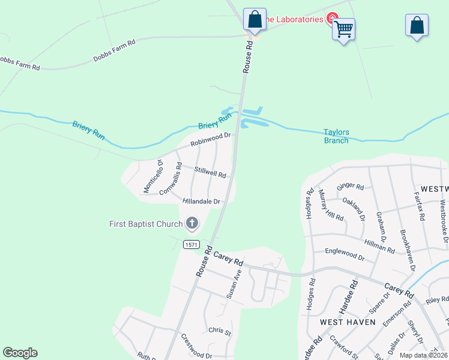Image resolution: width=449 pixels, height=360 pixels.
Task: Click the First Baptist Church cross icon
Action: pos(192,224)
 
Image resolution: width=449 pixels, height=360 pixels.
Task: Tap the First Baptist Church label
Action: pos(146,224)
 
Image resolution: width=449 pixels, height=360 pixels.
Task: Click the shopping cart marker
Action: pos(343,29)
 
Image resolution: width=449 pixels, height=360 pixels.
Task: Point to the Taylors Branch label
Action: pos(336,136)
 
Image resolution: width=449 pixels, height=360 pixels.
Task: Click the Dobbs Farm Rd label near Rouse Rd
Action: pos(115,50)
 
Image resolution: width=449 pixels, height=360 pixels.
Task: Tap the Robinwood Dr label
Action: pos(211,140)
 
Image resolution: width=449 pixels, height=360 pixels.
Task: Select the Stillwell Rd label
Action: pos(210,172)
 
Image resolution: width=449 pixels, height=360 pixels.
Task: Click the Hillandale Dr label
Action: pos(202,202)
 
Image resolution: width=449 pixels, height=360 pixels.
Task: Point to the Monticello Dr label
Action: pos(153,176)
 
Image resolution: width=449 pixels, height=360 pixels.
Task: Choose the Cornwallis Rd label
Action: pos(170,178)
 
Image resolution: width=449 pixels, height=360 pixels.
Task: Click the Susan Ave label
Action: pos(234,284)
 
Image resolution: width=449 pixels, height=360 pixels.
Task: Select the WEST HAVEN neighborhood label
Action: pos(348,322)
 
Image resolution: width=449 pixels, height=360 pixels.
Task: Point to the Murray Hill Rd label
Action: pos(331,208)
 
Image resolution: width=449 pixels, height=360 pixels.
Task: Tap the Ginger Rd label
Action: pos(351,187)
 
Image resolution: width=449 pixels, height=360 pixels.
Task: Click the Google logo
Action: pos(20,353)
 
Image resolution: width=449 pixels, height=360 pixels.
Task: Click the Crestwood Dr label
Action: pos(196,355)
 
